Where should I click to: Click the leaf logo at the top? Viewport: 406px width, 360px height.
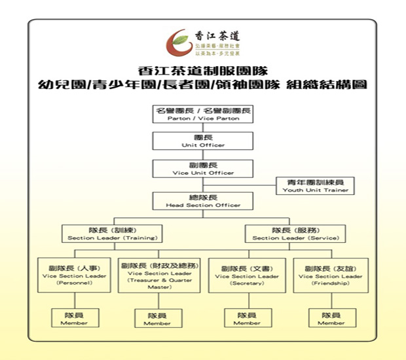tap(177, 43)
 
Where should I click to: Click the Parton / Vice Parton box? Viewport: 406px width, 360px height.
tap(203, 114)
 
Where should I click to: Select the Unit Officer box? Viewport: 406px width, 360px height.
tap(202, 141)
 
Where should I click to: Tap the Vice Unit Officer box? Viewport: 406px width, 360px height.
tap(202, 168)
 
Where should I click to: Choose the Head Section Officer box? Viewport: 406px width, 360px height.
tap(202, 201)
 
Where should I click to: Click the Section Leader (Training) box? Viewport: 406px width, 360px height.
tap(112, 234)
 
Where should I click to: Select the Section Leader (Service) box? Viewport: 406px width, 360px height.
tap(295, 234)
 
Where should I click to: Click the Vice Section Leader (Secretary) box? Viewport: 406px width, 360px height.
tap(247, 276)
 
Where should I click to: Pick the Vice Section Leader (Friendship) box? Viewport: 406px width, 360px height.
tap(330, 276)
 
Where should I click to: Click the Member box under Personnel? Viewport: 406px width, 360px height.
tap(74, 318)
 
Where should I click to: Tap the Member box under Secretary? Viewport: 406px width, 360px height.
tap(247, 318)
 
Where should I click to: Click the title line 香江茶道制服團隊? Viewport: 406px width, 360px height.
tap(202, 70)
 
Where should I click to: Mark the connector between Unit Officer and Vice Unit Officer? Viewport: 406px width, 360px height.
tap(202, 154)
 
